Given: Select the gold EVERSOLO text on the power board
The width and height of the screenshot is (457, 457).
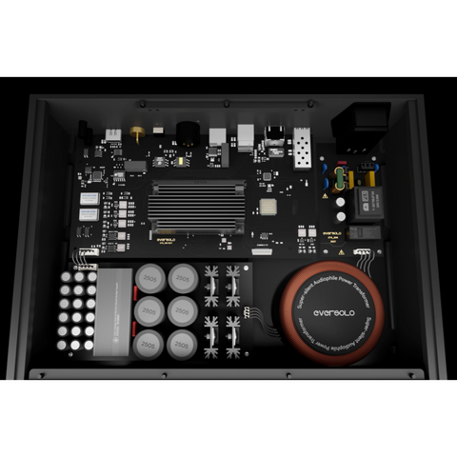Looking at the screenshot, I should pyautogui.click(x=331, y=233).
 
